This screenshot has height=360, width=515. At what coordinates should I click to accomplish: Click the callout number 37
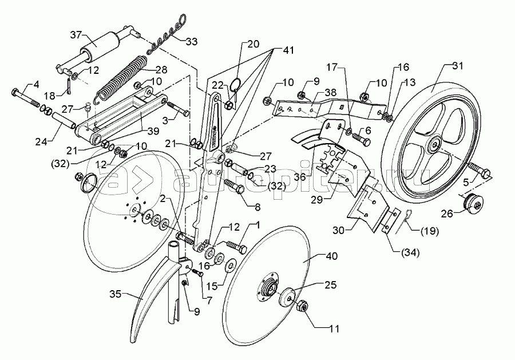point(77,35)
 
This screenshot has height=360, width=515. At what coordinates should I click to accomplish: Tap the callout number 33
point(191,42)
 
